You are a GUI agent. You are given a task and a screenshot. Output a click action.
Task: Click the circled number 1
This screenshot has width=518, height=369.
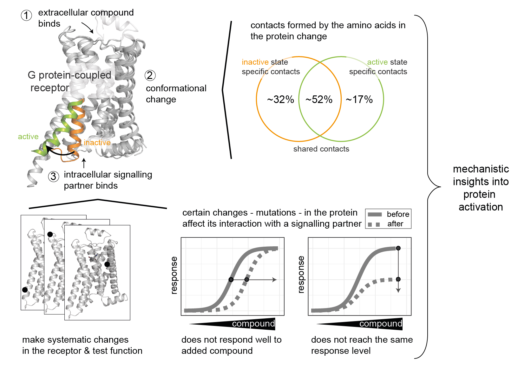(26, 15)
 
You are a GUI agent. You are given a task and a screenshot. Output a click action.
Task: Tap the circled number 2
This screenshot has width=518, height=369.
(150, 75)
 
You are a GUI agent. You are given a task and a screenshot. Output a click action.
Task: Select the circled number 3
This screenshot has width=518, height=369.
(54, 177)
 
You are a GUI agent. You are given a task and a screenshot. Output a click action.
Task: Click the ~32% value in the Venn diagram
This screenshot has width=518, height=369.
(280, 100)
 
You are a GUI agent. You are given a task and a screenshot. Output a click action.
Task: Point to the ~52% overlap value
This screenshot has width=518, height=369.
(319, 100)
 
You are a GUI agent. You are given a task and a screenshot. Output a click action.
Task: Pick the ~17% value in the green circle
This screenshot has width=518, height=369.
(359, 100)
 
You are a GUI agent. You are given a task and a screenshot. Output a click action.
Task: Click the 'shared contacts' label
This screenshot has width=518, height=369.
(321, 149)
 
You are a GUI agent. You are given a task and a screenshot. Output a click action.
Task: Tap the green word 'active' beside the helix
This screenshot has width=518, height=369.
(28, 137)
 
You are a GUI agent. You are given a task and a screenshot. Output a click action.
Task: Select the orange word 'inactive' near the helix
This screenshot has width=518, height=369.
(97, 143)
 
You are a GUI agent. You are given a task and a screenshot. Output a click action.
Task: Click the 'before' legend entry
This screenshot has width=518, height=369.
(398, 214)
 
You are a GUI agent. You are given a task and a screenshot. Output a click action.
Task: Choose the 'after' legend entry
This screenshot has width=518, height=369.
(395, 224)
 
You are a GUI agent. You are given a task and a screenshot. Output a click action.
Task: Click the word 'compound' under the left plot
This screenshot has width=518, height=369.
(253, 324)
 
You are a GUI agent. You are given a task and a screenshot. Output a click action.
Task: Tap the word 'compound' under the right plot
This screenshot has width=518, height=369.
(381, 324)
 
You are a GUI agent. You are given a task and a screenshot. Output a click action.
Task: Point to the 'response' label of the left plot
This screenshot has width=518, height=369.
(174, 275)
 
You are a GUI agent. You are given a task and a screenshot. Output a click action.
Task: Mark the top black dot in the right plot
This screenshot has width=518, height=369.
(398, 248)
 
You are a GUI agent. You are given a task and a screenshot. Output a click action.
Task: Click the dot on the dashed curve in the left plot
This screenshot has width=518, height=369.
(246, 280)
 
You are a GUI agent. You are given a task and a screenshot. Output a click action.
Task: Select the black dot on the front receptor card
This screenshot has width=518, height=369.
(107, 264)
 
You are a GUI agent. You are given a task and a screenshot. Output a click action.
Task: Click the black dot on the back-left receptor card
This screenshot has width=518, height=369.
(25, 290)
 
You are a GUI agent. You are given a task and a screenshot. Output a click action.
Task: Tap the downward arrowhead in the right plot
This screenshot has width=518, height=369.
(398, 290)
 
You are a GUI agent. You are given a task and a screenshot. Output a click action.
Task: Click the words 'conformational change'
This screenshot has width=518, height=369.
(176, 94)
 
